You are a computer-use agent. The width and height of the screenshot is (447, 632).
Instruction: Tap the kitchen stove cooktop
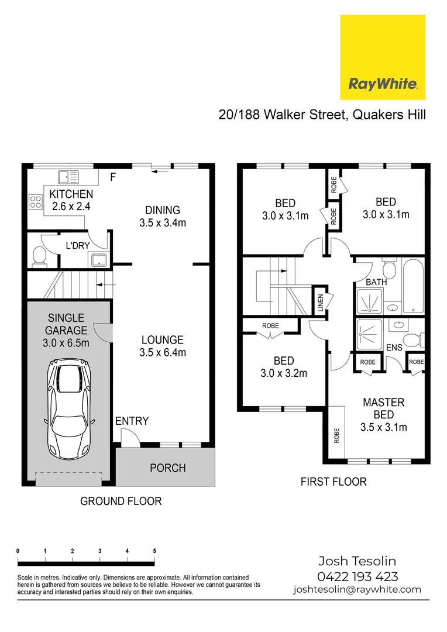pos(35,201)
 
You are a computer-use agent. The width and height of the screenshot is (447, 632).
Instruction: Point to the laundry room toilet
pos(39,255)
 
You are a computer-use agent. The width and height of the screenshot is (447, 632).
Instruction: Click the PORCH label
pos(167,468)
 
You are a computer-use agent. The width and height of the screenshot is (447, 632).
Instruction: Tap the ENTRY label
pos(132,421)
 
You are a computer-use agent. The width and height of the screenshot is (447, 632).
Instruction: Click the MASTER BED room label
pos(383,408)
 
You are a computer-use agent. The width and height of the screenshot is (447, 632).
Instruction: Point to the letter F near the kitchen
pos(114,176)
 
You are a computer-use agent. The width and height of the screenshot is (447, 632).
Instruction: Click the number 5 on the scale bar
pos(154,551)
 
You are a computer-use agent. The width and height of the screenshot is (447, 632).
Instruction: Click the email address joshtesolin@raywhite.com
pos(357,590)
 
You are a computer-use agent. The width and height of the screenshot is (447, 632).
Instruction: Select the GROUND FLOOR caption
pos(121,501)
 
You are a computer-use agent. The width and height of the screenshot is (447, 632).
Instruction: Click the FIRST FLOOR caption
pos(333,482)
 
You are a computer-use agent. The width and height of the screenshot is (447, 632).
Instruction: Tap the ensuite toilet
pos(414,339)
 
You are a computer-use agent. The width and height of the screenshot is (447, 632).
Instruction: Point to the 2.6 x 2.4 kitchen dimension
pos(70,206)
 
